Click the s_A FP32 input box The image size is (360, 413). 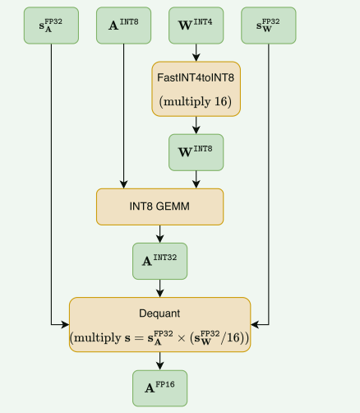click(x=51, y=26)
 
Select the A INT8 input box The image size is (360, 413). click(x=123, y=26)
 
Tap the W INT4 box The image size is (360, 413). click(x=196, y=26)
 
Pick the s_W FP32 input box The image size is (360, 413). click(x=269, y=26)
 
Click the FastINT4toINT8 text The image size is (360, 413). click(x=196, y=78)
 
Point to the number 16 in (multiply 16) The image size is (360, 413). click(x=220, y=101)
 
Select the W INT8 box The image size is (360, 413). click(x=196, y=152)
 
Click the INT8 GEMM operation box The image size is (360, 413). click(x=160, y=206)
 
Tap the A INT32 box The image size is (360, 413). click(x=160, y=261)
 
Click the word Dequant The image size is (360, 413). click(x=159, y=313)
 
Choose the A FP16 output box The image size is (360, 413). click(x=160, y=388)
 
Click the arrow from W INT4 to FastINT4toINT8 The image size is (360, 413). click(x=196, y=53)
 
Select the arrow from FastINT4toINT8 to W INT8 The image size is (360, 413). click(x=196, y=125)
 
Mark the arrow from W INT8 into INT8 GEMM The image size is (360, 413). click(x=196, y=179)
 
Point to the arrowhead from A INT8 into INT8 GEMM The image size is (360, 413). click(x=123, y=184)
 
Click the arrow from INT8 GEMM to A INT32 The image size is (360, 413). click(x=160, y=234)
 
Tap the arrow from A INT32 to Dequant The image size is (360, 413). click(x=160, y=289)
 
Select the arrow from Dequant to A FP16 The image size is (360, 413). click(x=160, y=361)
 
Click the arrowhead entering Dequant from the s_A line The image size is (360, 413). click(x=65, y=325)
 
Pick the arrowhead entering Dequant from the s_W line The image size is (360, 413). click(x=255, y=325)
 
